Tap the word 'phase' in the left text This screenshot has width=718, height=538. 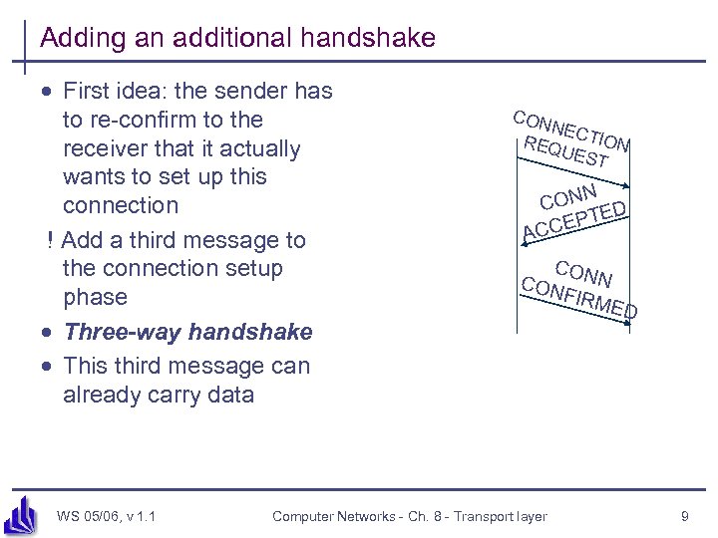(95, 297)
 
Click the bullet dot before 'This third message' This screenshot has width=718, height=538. (47, 366)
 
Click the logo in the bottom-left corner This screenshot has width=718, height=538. (22, 514)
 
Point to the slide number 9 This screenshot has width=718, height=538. (684, 516)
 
